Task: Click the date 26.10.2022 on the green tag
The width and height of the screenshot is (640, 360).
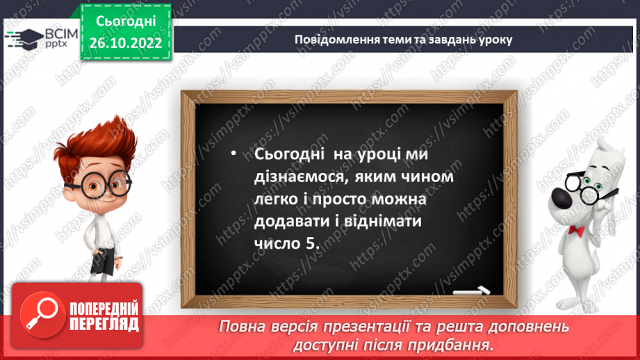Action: [x=126, y=43]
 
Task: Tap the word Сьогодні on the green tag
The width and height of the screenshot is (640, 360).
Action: [x=126, y=22]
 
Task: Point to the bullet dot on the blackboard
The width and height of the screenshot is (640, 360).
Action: [x=233, y=154]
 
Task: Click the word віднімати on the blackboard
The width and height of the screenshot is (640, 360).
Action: [x=383, y=221]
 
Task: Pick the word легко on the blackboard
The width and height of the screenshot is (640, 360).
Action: [x=276, y=199]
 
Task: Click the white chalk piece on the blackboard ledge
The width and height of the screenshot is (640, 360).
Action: [x=471, y=291]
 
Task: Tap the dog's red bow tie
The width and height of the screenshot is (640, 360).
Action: [x=576, y=231]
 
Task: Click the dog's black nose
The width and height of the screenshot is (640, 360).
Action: [x=562, y=197]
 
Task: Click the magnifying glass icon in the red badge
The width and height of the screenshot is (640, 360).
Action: [x=42, y=315]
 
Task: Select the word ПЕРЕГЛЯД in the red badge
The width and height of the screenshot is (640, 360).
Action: [x=104, y=325]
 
